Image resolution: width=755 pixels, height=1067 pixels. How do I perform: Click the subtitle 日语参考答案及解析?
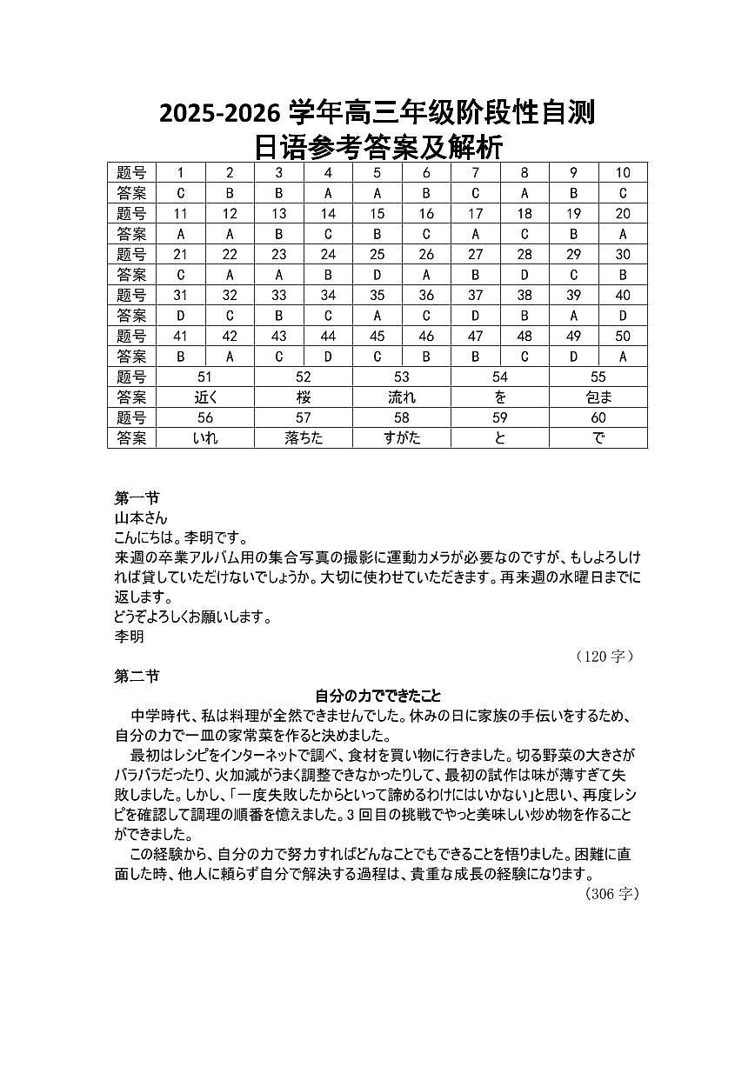[x=377, y=146]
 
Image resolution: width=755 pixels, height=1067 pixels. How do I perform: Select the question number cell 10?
[x=623, y=172]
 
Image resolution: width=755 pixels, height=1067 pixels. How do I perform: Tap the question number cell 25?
[x=377, y=254]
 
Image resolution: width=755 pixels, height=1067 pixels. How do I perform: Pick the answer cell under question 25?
[x=377, y=275]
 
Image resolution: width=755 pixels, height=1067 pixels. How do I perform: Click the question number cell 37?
[x=475, y=295]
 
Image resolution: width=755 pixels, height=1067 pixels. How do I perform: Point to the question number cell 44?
[x=328, y=336]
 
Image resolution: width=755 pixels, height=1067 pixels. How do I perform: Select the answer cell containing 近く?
[x=205, y=397]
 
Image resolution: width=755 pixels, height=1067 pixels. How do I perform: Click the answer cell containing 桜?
[x=304, y=397]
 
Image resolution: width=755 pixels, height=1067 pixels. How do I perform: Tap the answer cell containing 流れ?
[x=402, y=397]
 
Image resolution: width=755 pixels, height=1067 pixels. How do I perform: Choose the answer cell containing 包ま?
[x=598, y=397]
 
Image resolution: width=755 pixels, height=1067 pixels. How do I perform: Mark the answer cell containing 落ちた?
[x=304, y=438]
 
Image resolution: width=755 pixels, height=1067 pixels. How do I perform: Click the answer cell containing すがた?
[x=402, y=438]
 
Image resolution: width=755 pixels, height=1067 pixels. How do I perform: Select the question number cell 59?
[x=500, y=417]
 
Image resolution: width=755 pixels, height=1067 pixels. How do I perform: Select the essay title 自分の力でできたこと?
[x=377, y=696]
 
